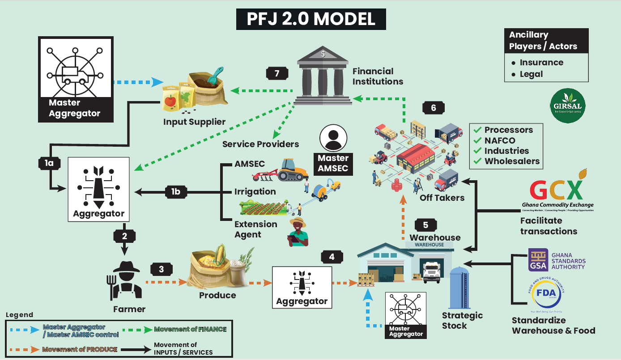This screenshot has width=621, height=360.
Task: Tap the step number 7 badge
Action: (277, 73)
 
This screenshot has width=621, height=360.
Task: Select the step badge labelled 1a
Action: (49, 163)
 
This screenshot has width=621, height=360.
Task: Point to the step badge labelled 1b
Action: (176, 192)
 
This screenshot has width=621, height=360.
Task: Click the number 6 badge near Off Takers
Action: (433, 108)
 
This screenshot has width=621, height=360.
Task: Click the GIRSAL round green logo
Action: (567, 106)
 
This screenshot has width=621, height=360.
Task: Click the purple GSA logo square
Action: (538, 260)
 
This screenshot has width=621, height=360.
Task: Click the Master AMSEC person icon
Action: (333, 138)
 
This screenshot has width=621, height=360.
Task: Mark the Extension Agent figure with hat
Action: (298, 232)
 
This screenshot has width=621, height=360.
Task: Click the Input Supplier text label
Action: (194, 122)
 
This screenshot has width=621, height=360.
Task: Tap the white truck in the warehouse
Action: (432, 271)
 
